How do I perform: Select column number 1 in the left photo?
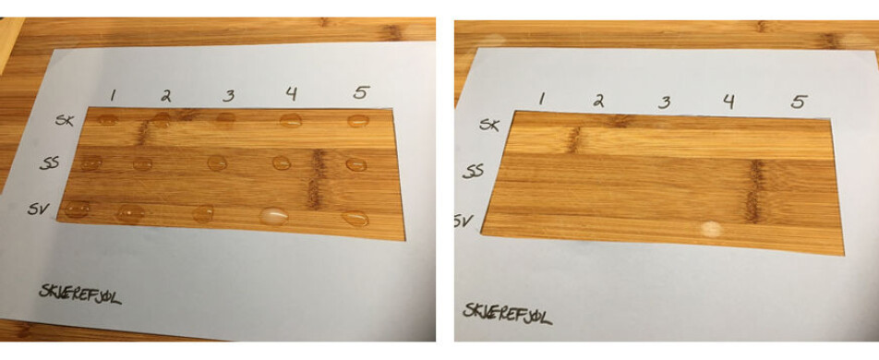[112, 94]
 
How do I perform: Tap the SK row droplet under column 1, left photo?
[108, 119]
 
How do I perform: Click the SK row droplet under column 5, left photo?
[358, 121]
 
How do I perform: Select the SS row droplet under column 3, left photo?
[217, 163]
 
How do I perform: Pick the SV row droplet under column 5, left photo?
[355, 220]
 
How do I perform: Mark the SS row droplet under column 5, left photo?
[355, 164]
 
